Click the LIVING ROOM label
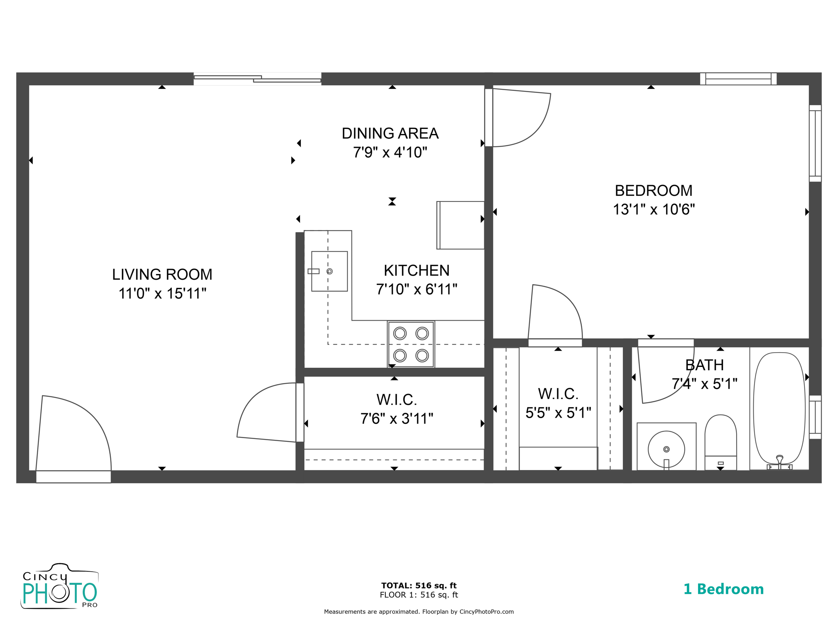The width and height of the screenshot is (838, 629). [162, 274]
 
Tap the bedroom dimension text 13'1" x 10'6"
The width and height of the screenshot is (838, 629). [653, 210]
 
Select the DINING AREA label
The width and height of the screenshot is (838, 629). [390, 133]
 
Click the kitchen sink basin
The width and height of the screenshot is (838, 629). [329, 271]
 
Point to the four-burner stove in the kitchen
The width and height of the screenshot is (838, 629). [411, 344]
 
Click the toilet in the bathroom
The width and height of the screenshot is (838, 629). [721, 442]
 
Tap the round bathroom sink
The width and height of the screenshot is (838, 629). [666, 449]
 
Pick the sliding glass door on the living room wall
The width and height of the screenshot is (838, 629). [257, 79]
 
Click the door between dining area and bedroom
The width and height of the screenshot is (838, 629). [518, 119]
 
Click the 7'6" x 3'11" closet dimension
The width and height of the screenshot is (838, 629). [396, 419]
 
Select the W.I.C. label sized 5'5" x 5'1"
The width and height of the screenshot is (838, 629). [558, 394]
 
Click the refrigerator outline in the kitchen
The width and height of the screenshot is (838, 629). [461, 225]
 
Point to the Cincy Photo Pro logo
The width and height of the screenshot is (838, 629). [60, 586]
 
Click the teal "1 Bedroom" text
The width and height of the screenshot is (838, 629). [723, 589]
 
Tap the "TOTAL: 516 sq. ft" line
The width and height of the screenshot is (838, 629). [419, 586]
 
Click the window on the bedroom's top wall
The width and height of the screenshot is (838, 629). [738, 79]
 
